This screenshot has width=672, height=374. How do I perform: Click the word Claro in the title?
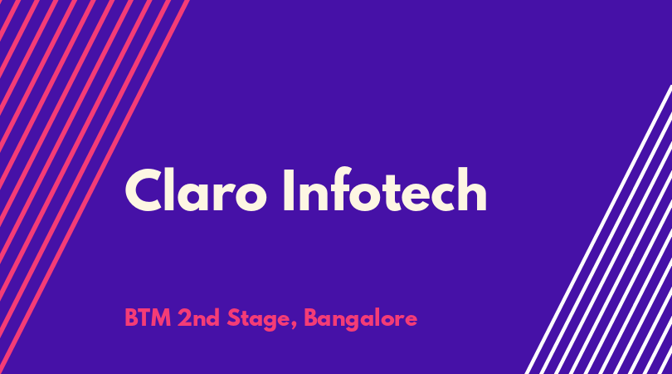(x=196, y=189)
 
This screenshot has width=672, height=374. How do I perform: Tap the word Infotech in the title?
(x=385, y=189)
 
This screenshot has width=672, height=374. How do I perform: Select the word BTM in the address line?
(x=148, y=318)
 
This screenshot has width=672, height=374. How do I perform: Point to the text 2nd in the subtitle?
(x=199, y=318)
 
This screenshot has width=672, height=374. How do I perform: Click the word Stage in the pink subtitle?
(x=258, y=320)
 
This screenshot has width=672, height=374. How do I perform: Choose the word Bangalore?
(x=360, y=320)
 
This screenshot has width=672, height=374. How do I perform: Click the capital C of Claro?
(x=144, y=189)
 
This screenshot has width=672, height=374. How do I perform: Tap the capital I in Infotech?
(x=289, y=189)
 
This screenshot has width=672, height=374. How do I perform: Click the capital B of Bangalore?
(x=311, y=318)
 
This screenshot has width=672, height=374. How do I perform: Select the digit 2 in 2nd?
(x=185, y=318)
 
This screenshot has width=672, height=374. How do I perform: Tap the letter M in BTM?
(x=161, y=318)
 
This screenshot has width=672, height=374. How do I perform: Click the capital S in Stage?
(x=233, y=318)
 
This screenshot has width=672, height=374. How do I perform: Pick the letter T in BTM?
(x=144, y=318)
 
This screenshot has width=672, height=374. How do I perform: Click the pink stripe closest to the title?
(x=95, y=187)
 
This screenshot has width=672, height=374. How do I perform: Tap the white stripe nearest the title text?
(x=598, y=229)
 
